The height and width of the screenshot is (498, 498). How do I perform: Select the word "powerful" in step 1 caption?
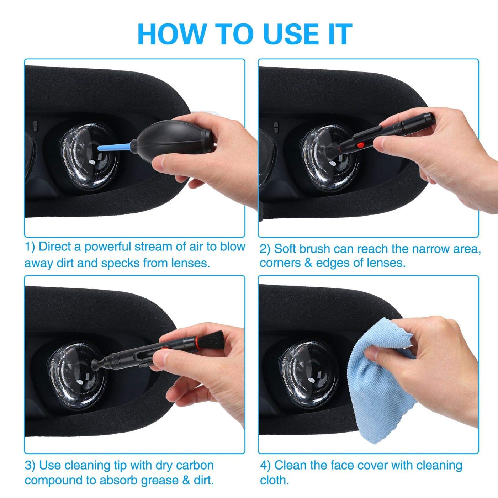[108, 247]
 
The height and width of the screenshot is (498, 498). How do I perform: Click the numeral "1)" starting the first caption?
[30, 247]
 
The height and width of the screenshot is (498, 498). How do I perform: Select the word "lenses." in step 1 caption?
[190, 263]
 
